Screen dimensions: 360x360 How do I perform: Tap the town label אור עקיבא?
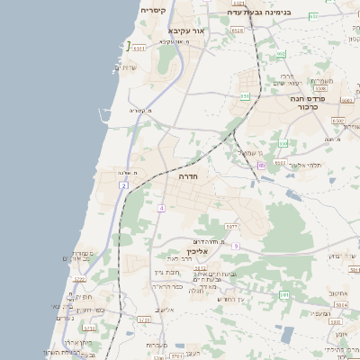tap(185, 31)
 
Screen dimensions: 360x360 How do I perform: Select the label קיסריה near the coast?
tap(152, 10)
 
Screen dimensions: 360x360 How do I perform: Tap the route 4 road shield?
tap(160, 208)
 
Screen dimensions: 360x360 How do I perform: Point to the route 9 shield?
tap(235, 246)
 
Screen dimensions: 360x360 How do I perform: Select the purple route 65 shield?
tap(261, 166)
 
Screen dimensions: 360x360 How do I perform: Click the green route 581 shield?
tap(284, 294)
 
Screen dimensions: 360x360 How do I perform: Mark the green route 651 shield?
tap(245, 95)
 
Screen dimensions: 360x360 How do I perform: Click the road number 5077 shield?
tap(231, 226)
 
